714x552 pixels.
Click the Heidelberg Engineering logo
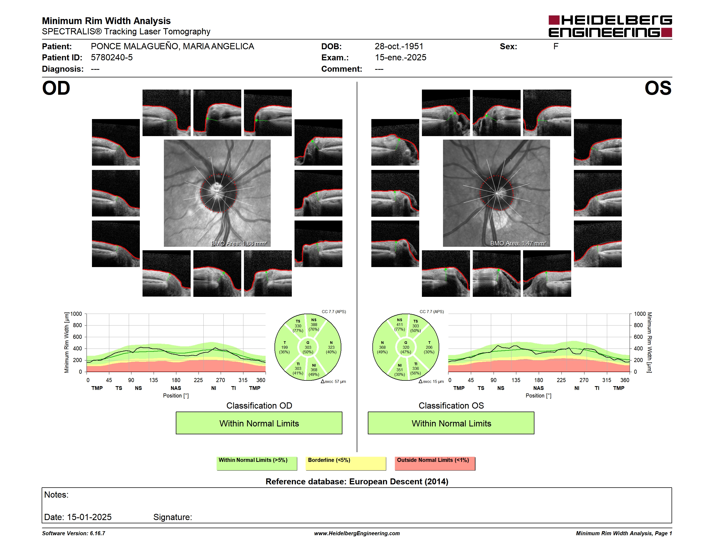(x=610, y=26)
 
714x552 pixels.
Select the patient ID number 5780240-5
(x=112, y=58)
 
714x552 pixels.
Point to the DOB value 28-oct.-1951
(x=399, y=47)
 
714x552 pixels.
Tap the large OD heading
(x=56, y=88)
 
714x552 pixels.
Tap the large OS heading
(x=658, y=88)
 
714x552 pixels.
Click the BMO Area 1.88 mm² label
(x=239, y=243)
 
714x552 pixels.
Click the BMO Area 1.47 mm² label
(x=518, y=243)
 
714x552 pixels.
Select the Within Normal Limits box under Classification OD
(x=259, y=423)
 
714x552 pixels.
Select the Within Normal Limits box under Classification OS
(x=451, y=423)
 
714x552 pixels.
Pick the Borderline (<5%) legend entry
(x=346, y=463)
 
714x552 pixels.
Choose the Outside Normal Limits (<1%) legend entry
(x=435, y=463)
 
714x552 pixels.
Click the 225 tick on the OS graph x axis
(x=561, y=380)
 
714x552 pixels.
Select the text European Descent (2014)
(x=399, y=482)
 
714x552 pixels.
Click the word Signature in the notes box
(x=173, y=517)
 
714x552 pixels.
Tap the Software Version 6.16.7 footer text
(x=74, y=533)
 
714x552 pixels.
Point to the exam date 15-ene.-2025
(x=401, y=58)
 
